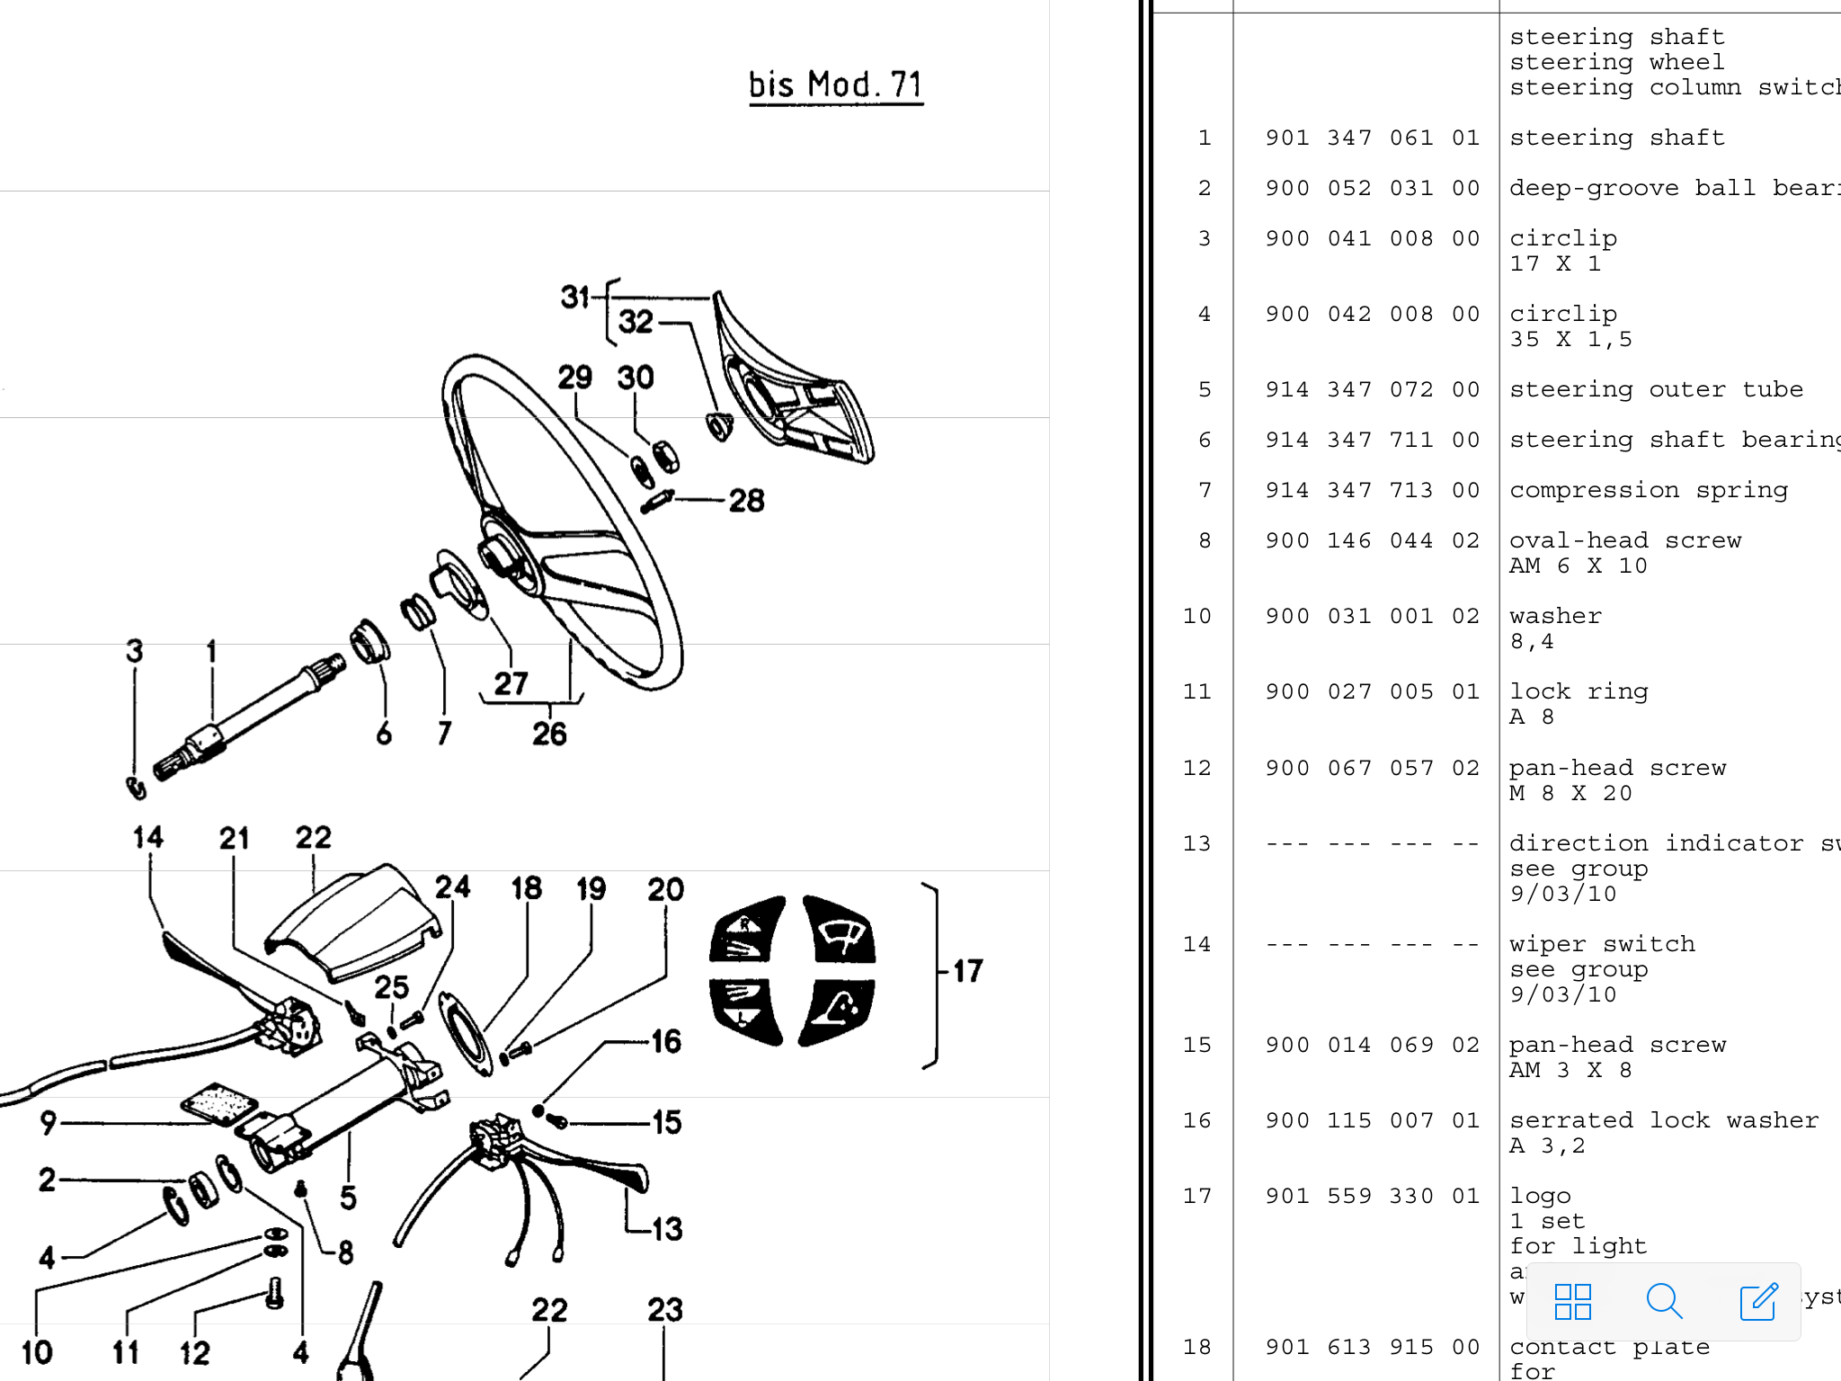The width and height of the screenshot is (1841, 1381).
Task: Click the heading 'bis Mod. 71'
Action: [835, 85]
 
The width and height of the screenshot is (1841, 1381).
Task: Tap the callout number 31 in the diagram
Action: [574, 297]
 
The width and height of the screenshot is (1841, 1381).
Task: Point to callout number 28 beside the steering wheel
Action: [746, 500]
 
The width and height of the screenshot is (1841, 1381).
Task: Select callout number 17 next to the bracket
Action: [968, 971]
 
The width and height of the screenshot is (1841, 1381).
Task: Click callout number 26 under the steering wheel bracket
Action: [549, 734]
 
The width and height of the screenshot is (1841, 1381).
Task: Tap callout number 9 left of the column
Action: [49, 1122]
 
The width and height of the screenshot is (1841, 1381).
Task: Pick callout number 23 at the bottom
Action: [665, 1310]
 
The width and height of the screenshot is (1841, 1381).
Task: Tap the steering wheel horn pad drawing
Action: [791, 387]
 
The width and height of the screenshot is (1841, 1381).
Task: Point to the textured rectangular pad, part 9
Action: [218, 1103]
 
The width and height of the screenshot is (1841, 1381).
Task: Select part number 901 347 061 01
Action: [1372, 138]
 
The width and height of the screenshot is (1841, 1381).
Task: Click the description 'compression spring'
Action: [1648, 490]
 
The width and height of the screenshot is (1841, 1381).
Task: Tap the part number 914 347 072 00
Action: [1372, 389]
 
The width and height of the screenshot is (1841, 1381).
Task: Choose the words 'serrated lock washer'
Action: [1663, 1120]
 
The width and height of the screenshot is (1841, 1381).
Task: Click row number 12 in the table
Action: [1196, 768]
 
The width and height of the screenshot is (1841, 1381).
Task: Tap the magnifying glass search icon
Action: [1664, 1301]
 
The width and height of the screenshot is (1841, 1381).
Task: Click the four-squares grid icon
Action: [1573, 1301]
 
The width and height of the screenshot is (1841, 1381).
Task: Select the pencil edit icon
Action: [1758, 1301]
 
